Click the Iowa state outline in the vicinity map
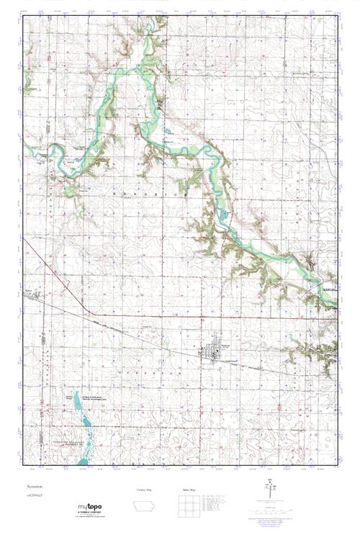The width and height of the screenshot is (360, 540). [145, 506]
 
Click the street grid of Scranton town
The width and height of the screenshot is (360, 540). [212, 352]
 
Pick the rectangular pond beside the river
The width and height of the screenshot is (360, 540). [225, 214]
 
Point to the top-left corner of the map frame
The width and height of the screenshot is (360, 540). [24, 17]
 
